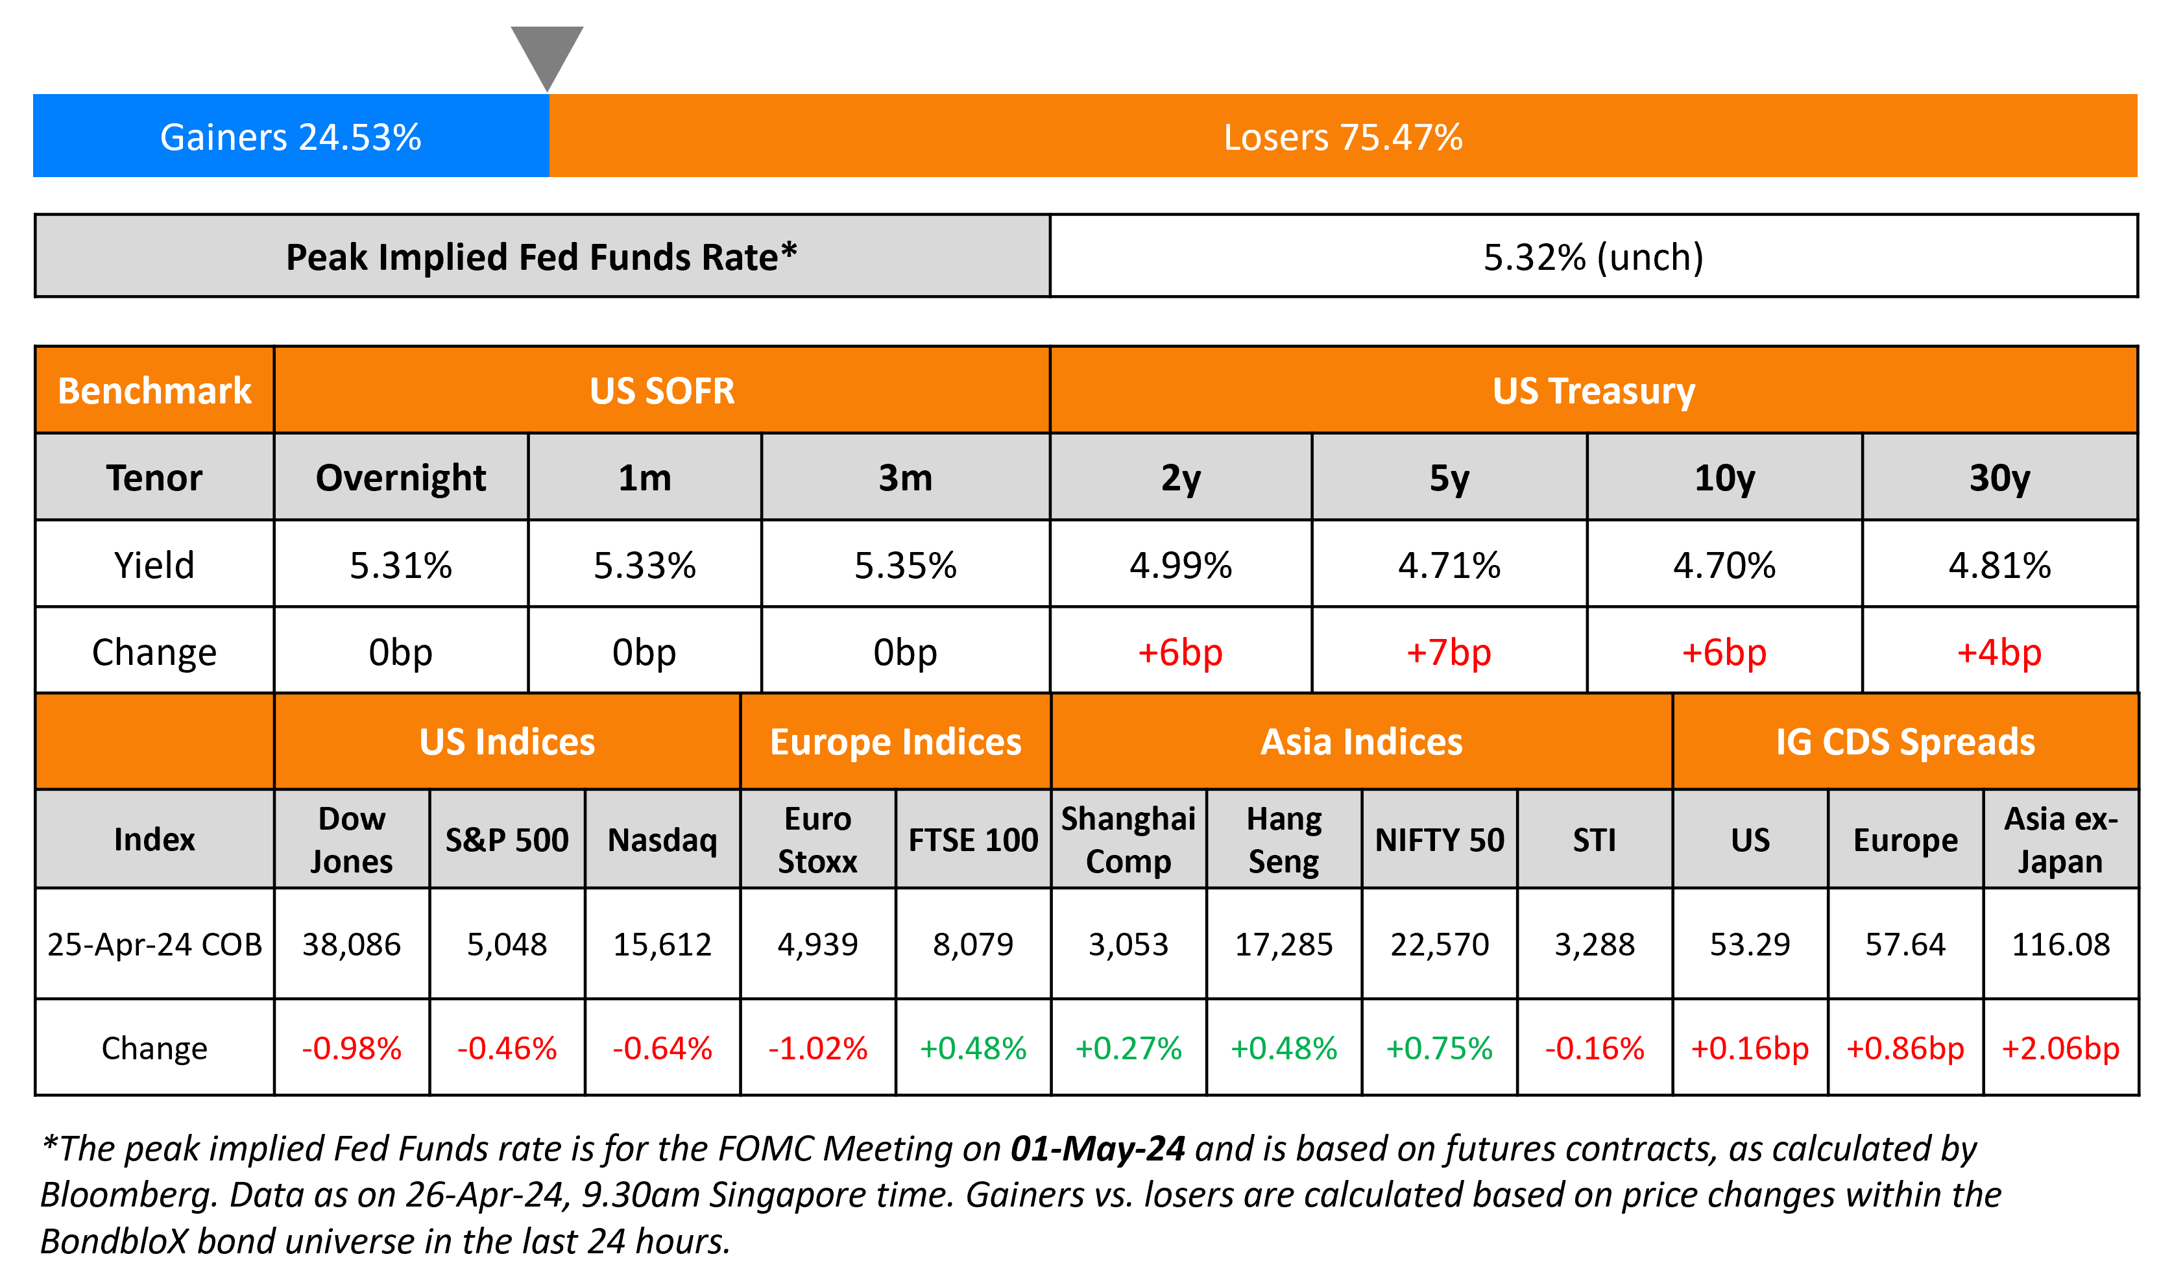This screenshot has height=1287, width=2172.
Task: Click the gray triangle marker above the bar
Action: point(546,52)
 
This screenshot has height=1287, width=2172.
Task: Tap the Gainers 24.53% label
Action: point(291,137)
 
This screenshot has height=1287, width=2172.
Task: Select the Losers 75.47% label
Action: point(1342,137)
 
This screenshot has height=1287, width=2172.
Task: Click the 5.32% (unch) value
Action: point(1593,257)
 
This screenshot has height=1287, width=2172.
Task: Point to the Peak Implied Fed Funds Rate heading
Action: point(541,257)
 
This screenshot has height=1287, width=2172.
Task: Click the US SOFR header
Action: point(662,391)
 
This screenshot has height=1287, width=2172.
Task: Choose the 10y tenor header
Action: point(1724,478)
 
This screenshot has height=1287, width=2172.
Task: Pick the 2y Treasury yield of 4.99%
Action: point(1180,566)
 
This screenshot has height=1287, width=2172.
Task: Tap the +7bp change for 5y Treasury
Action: point(1448,652)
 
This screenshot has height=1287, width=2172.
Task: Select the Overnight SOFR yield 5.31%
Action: point(400,566)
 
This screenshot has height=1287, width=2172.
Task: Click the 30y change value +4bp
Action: point(1999,652)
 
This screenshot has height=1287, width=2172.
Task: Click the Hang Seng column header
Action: point(1283,839)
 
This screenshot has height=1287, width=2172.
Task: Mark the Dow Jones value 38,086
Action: point(351,944)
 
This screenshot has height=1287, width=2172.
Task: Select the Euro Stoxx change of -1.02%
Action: point(817,1048)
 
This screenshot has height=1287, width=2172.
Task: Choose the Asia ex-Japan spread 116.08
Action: point(2060,944)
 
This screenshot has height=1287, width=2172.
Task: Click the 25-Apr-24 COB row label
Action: point(154,944)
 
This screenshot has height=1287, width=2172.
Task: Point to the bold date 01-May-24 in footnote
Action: point(1097,1149)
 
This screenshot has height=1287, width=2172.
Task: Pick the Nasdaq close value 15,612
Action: point(662,944)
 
